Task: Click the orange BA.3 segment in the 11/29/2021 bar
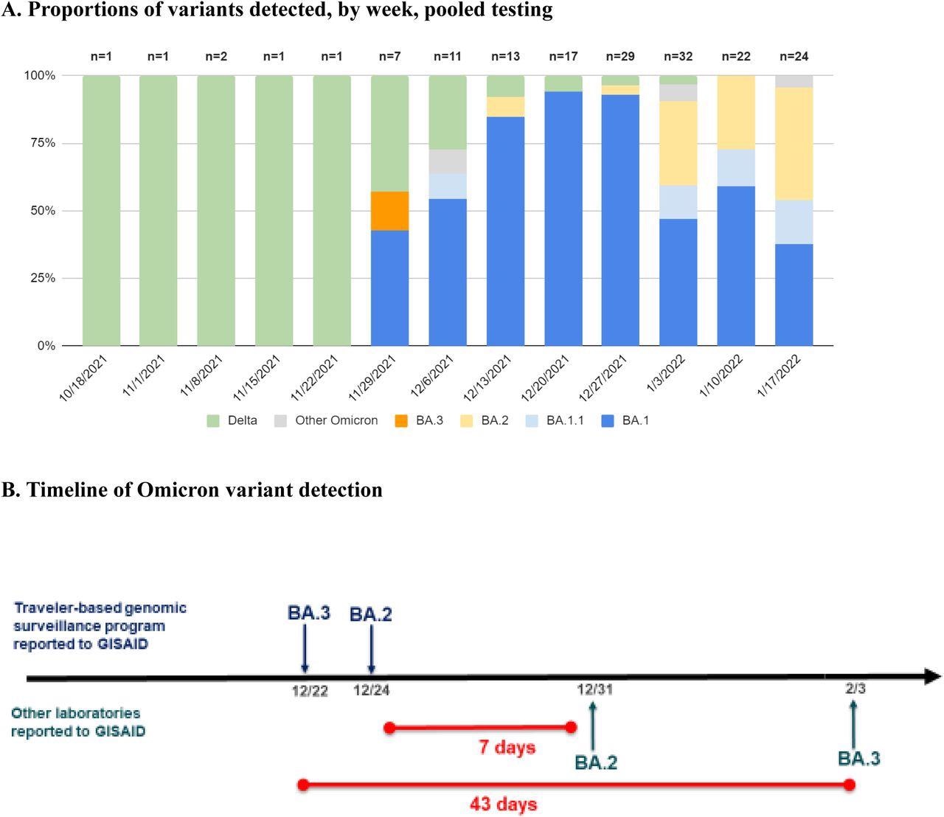[x=389, y=211]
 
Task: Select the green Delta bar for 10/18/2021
[x=101, y=210]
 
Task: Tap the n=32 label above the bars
[x=678, y=56]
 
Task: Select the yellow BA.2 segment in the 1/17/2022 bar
[x=794, y=144]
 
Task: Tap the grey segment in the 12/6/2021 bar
[x=448, y=161]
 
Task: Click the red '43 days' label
[x=503, y=804]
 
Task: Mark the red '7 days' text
[x=507, y=747]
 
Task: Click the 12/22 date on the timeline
[x=310, y=691]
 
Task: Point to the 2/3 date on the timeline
[x=855, y=689]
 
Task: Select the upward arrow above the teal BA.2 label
[x=593, y=726]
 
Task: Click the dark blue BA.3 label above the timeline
[x=308, y=613]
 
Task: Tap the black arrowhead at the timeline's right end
[x=932, y=676]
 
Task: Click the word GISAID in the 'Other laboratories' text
[x=119, y=731]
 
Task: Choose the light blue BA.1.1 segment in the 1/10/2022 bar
[x=736, y=168]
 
